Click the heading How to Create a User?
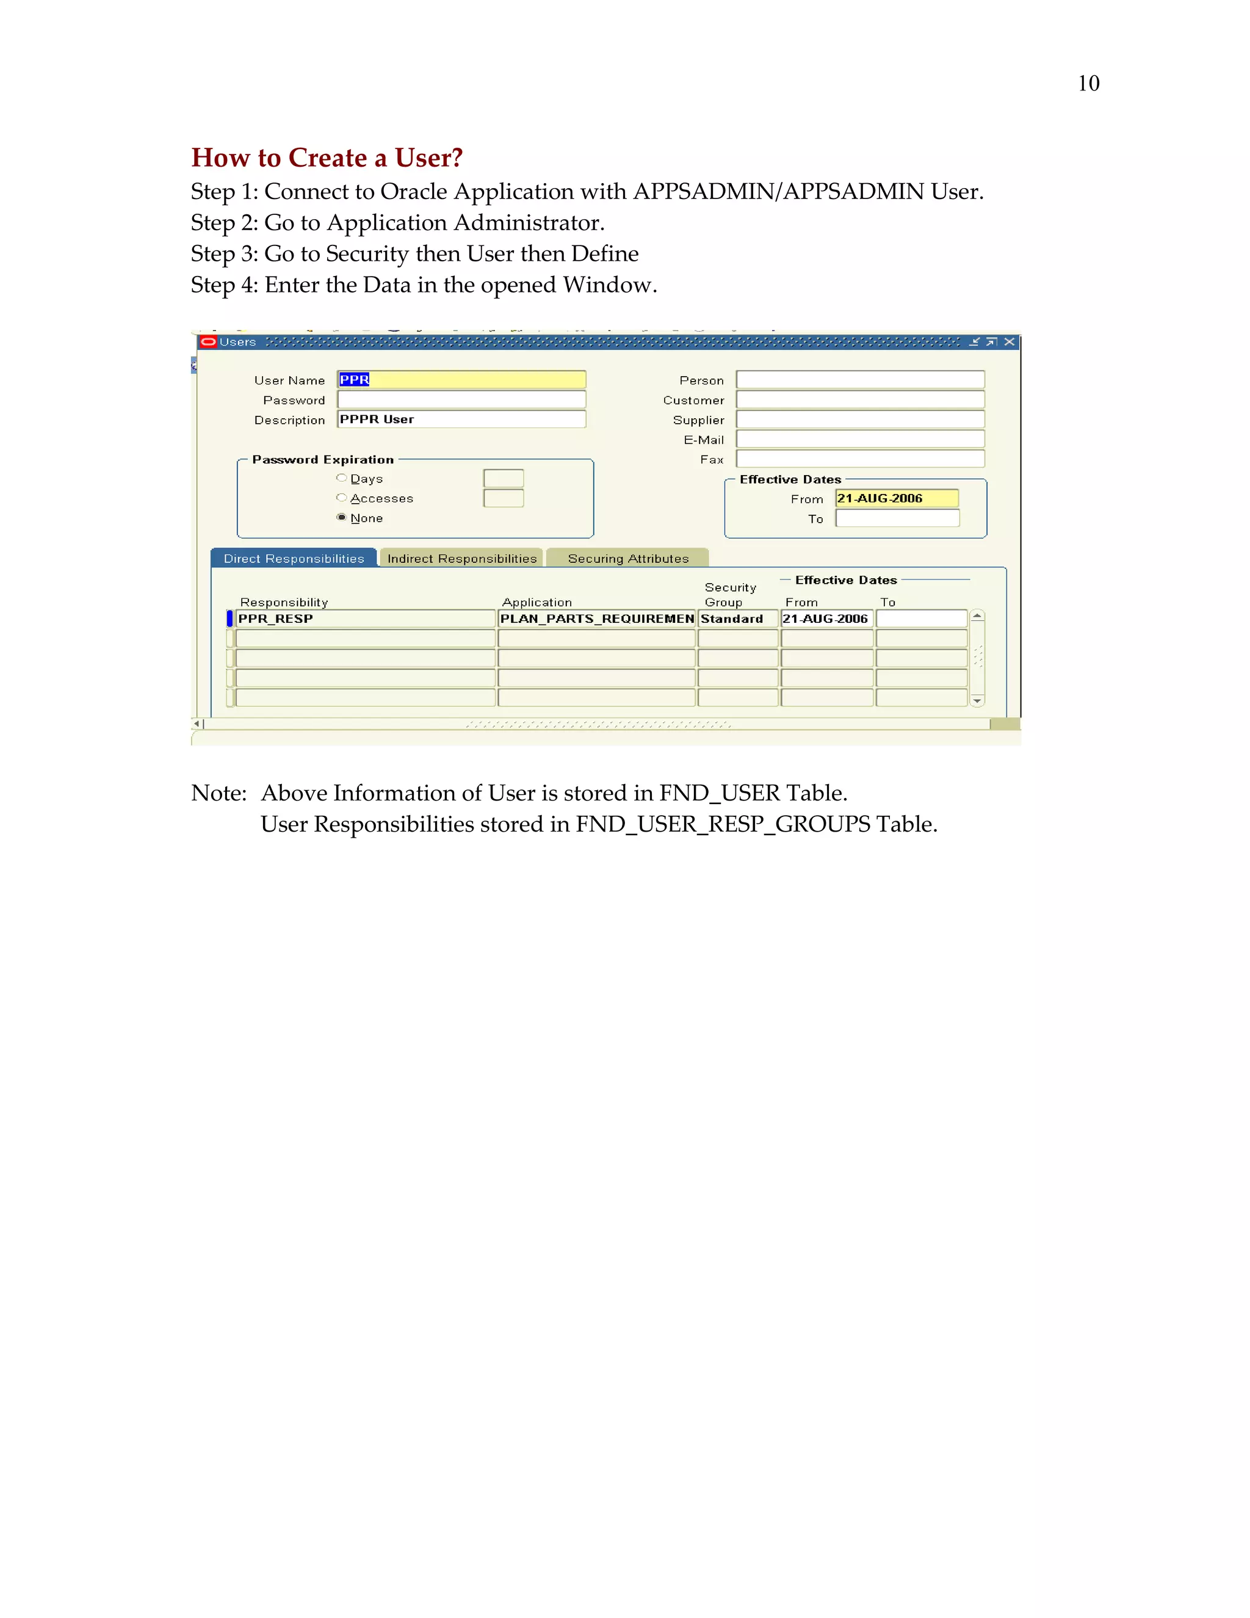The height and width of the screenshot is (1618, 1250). coord(327,158)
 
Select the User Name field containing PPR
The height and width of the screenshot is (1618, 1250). coord(461,379)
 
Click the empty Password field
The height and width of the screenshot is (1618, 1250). coord(461,399)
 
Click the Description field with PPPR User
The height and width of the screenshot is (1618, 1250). coord(461,419)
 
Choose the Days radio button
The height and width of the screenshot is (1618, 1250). coord(341,479)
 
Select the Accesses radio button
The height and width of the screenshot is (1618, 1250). coord(341,498)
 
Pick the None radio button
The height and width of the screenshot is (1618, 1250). coord(341,517)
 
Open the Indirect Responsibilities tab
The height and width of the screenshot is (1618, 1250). coord(461,559)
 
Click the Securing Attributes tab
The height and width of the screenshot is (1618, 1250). coord(627,559)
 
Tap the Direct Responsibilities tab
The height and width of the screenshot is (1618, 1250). coord(294,559)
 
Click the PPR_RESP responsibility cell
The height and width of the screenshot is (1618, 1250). coord(364,619)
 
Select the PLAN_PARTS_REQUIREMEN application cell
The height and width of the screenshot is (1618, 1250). coord(596,619)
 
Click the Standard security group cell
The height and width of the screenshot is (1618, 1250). coord(737,619)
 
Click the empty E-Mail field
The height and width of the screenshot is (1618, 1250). coord(860,440)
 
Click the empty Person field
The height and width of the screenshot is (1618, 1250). coord(860,380)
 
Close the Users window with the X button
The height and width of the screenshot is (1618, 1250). coord(1008,341)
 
